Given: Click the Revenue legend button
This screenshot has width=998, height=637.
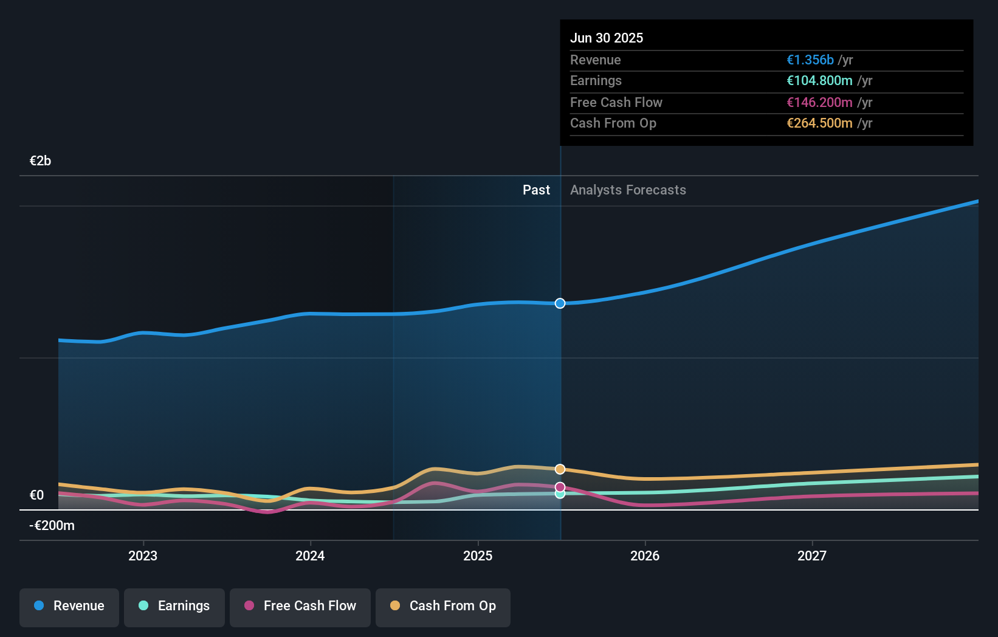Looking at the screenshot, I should (69, 606).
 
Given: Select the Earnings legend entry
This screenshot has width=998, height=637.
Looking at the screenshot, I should (174, 606).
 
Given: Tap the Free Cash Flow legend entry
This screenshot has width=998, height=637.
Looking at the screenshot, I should (300, 606).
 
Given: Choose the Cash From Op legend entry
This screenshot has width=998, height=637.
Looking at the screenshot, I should (443, 606).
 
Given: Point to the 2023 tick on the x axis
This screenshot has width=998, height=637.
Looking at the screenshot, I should (143, 556).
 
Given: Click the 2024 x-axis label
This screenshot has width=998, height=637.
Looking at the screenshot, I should (310, 556).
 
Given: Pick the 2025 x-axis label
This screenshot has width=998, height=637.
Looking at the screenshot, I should (478, 556).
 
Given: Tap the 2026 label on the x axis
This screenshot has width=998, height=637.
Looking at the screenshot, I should (645, 556).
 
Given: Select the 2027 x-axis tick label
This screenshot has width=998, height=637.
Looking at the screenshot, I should (812, 556).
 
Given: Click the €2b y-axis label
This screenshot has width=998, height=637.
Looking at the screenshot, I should (40, 161).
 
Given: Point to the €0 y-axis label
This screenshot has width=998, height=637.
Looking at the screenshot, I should (36, 495).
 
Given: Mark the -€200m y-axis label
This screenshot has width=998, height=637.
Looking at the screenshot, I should (52, 526).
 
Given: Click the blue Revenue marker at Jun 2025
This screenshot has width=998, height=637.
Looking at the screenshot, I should (560, 303).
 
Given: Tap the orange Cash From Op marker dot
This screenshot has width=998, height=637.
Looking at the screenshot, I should (560, 469).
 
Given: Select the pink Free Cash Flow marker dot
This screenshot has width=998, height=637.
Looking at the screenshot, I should (560, 487).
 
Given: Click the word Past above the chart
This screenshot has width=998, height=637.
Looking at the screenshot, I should (536, 190).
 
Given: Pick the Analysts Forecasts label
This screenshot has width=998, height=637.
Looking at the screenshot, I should (628, 190).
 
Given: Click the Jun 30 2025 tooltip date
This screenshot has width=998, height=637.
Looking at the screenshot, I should (606, 38).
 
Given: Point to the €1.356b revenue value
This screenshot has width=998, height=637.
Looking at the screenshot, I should (810, 60).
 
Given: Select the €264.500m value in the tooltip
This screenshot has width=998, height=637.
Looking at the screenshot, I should (819, 123).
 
